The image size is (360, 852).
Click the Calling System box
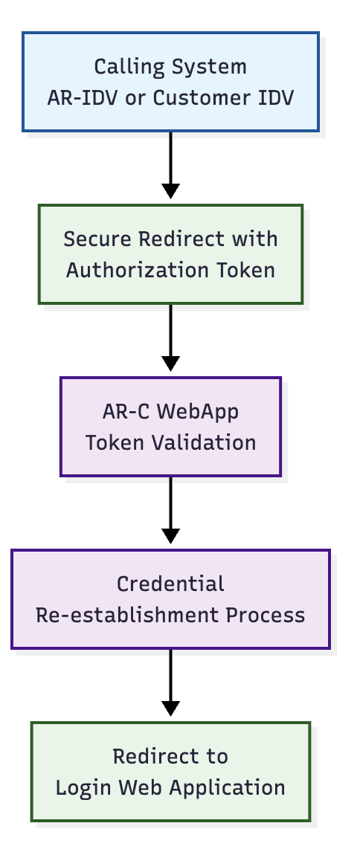tap(171, 82)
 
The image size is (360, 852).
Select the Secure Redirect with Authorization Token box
tap(171, 254)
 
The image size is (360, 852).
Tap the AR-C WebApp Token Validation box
tap(171, 427)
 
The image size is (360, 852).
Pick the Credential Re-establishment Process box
tap(171, 599)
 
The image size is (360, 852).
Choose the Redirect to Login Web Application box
tap(171, 772)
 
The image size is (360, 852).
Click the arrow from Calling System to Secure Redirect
tap(171, 165)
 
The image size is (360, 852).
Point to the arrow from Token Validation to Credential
tap(171, 510)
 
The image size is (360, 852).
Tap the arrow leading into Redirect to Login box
tap(171, 682)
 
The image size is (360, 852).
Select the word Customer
tap(198, 98)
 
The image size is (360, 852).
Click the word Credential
tap(171, 584)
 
